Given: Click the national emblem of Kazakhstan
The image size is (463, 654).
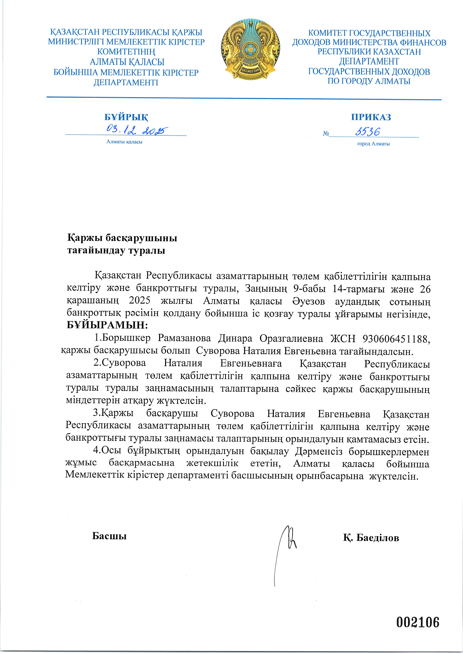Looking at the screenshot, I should coord(250,49).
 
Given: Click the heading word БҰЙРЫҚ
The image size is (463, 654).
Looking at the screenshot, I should coord(126,117).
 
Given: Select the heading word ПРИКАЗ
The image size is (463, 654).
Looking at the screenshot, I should coord(371,117).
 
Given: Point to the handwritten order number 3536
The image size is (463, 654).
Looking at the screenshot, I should coord(368,132).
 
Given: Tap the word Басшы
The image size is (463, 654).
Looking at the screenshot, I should coord(109,536).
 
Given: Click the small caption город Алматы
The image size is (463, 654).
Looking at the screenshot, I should coord(373,144).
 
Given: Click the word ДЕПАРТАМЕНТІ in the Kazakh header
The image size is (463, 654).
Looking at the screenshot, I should coord(126,83).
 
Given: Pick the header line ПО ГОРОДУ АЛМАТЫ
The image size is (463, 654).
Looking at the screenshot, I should coord(369,81).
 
